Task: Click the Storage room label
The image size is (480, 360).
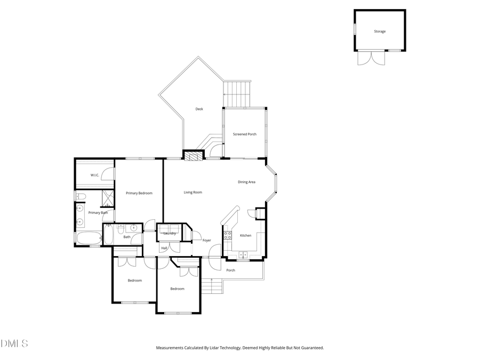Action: click(x=379, y=31)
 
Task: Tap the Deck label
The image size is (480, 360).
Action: click(x=199, y=109)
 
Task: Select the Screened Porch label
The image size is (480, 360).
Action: click(x=244, y=134)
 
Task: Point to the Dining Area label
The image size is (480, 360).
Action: click(x=246, y=182)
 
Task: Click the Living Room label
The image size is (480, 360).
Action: click(x=193, y=193)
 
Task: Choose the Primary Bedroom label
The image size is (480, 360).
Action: click(x=139, y=193)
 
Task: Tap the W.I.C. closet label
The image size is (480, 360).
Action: click(x=95, y=175)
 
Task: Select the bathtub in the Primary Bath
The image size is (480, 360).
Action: click(x=89, y=238)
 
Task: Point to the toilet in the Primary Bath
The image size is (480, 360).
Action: click(x=81, y=197)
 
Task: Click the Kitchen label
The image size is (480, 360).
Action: click(x=245, y=236)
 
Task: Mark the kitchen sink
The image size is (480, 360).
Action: click(x=243, y=255)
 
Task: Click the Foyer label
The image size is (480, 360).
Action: click(x=206, y=241)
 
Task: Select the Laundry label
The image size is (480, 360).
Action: click(x=170, y=234)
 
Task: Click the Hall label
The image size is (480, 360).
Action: click(x=164, y=249)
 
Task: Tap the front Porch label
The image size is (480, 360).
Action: click(x=230, y=270)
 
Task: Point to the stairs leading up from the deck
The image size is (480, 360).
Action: click(x=237, y=94)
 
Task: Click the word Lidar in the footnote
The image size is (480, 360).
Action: click(x=221, y=348)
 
